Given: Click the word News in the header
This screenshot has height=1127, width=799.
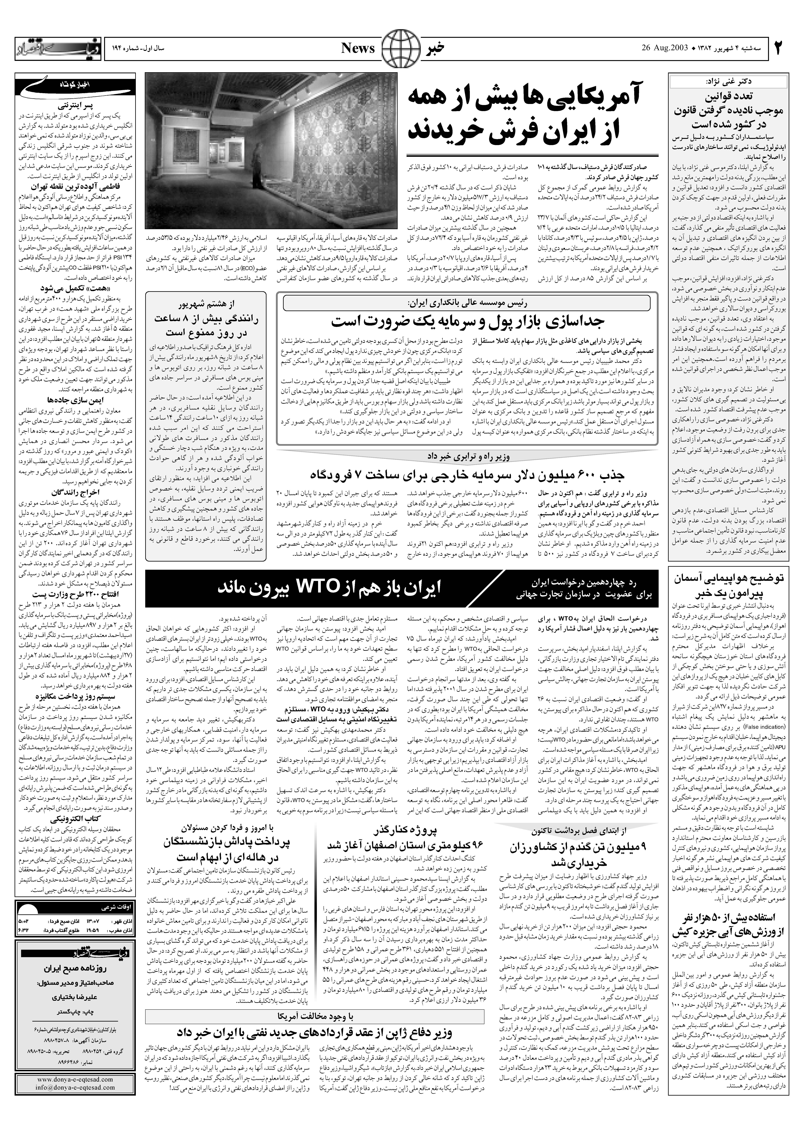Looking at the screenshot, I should tap(358, 48).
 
